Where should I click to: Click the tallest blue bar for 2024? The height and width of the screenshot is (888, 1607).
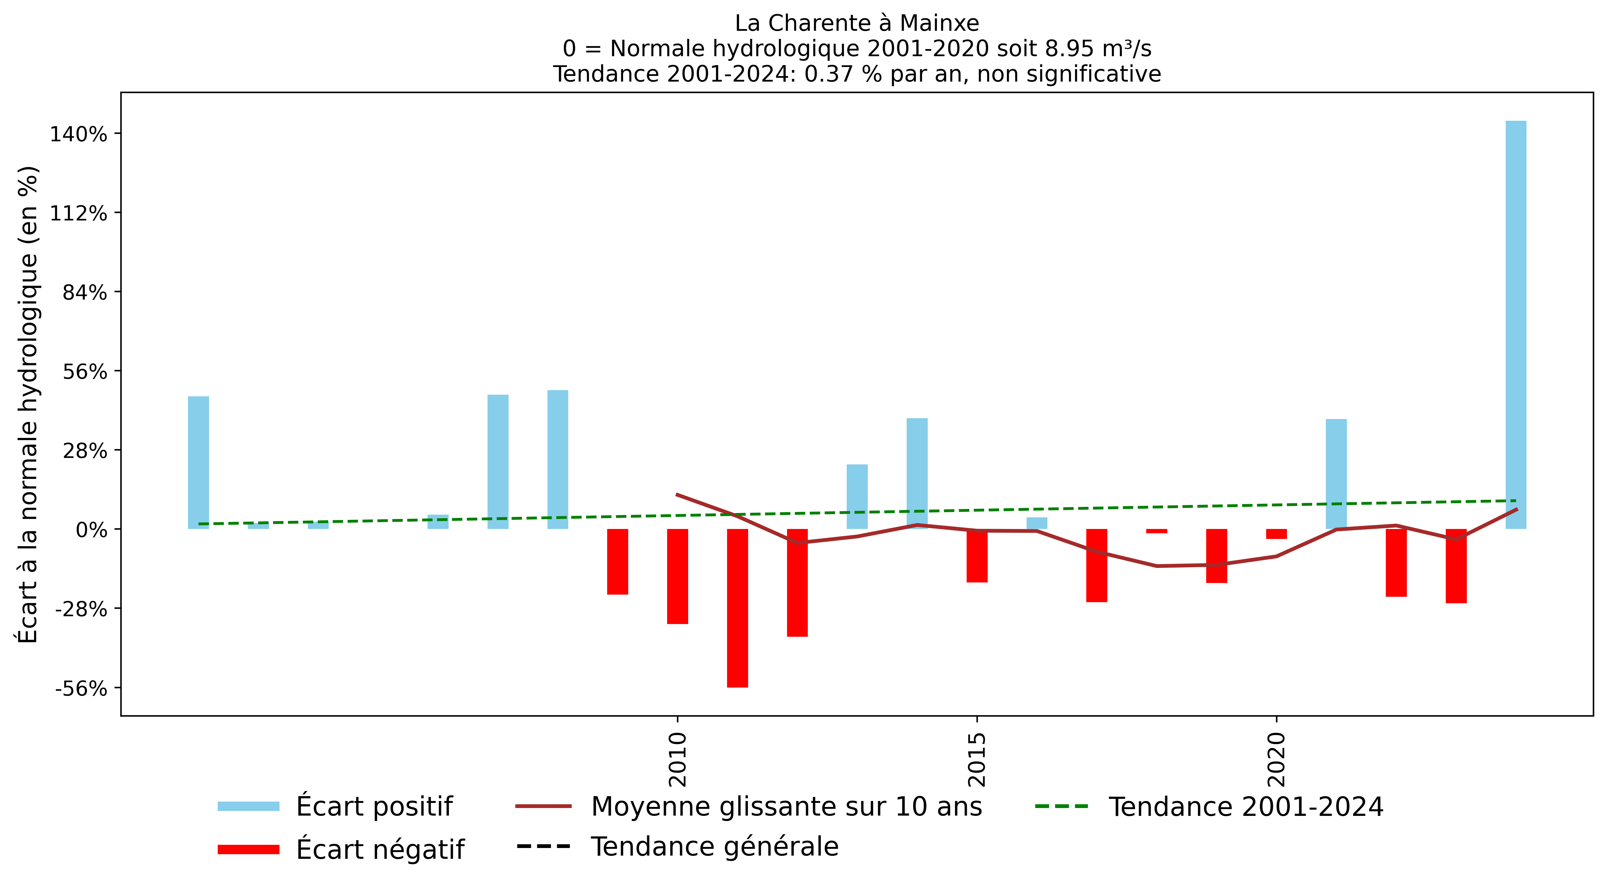tap(1516, 324)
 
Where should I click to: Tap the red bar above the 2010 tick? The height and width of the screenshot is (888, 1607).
tap(677, 576)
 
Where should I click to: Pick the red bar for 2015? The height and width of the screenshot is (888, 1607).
tap(977, 555)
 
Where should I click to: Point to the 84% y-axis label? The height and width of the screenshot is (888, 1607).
tap(85, 293)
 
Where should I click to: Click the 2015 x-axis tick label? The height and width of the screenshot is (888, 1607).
tap(977, 759)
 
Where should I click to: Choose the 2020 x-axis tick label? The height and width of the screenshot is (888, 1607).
tap(1276, 759)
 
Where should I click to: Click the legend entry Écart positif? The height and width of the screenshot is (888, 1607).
tap(374, 806)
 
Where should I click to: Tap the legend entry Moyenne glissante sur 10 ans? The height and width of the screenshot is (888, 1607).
tap(786, 806)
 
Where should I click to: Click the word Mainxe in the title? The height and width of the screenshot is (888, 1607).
tap(939, 23)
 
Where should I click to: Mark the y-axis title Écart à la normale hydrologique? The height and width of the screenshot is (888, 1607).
tap(28, 404)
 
